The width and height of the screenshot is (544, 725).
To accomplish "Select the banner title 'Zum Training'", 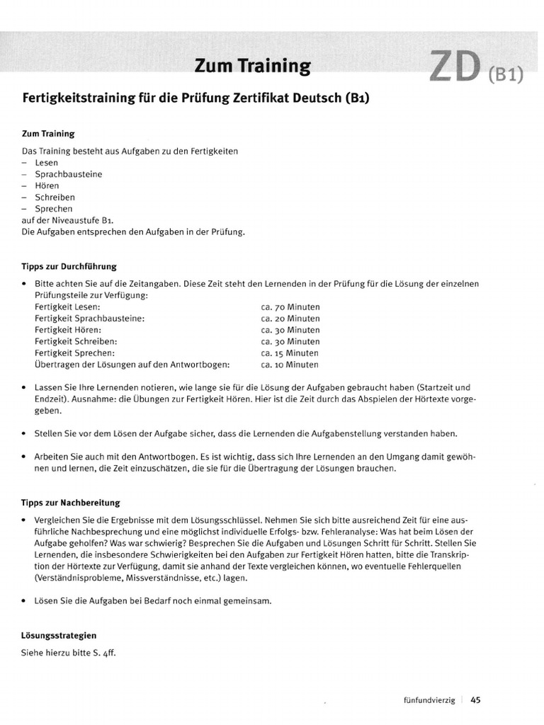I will point(253,67).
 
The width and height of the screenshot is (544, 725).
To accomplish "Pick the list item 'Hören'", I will point(47,185).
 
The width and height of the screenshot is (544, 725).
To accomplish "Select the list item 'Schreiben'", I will point(55,197).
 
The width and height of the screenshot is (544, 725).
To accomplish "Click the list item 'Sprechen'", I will point(53,209).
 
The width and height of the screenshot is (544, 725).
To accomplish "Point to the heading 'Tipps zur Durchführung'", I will point(69,266).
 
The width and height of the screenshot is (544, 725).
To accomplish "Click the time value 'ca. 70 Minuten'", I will point(290,307).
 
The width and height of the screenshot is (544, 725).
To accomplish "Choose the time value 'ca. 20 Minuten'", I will point(290,319).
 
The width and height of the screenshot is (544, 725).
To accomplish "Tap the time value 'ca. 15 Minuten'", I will point(290,353).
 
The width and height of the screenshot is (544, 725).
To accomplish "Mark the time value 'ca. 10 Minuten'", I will point(290,365).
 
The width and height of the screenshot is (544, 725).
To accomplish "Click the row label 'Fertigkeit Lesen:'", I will point(67,307).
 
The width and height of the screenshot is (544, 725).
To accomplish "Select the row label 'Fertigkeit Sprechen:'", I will point(74,353).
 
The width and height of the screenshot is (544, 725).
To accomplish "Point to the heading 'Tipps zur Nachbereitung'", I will point(71,502).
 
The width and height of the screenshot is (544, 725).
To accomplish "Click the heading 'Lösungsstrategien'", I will point(59,636).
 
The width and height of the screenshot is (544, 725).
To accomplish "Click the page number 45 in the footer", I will point(475,700).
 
